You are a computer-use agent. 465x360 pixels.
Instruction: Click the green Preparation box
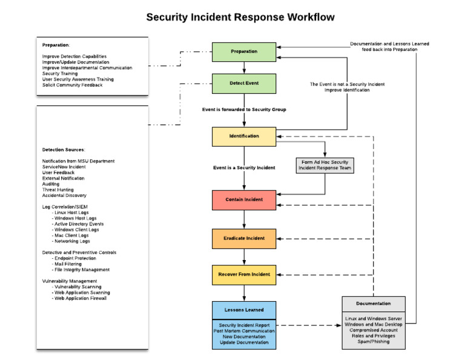[244, 52]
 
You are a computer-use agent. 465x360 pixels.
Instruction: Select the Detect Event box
[244, 83]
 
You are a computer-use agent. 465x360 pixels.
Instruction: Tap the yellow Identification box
[244, 136]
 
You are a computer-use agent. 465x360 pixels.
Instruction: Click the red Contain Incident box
[244, 199]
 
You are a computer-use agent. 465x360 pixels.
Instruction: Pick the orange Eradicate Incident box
[244, 238]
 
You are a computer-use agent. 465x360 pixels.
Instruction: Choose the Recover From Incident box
[244, 275]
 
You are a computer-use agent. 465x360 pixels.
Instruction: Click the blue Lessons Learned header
[244, 310]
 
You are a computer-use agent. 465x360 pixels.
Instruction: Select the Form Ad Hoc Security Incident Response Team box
[325, 165]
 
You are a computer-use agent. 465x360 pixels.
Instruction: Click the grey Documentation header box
[373, 304]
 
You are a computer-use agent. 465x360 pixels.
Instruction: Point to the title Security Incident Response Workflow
[240, 17]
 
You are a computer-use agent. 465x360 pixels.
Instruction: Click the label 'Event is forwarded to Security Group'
[244, 110]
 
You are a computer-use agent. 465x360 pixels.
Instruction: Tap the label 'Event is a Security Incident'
[244, 168]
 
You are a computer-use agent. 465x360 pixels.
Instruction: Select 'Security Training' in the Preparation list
[60, 73]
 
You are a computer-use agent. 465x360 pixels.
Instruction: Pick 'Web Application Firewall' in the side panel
[81, 298]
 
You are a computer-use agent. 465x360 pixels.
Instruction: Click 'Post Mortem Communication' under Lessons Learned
[244, 331]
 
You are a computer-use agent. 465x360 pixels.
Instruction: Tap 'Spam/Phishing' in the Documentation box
[373, 341]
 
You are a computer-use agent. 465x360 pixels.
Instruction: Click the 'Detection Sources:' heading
[64, 150]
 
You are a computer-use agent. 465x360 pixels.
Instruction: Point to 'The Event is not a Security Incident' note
[347, 84]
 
